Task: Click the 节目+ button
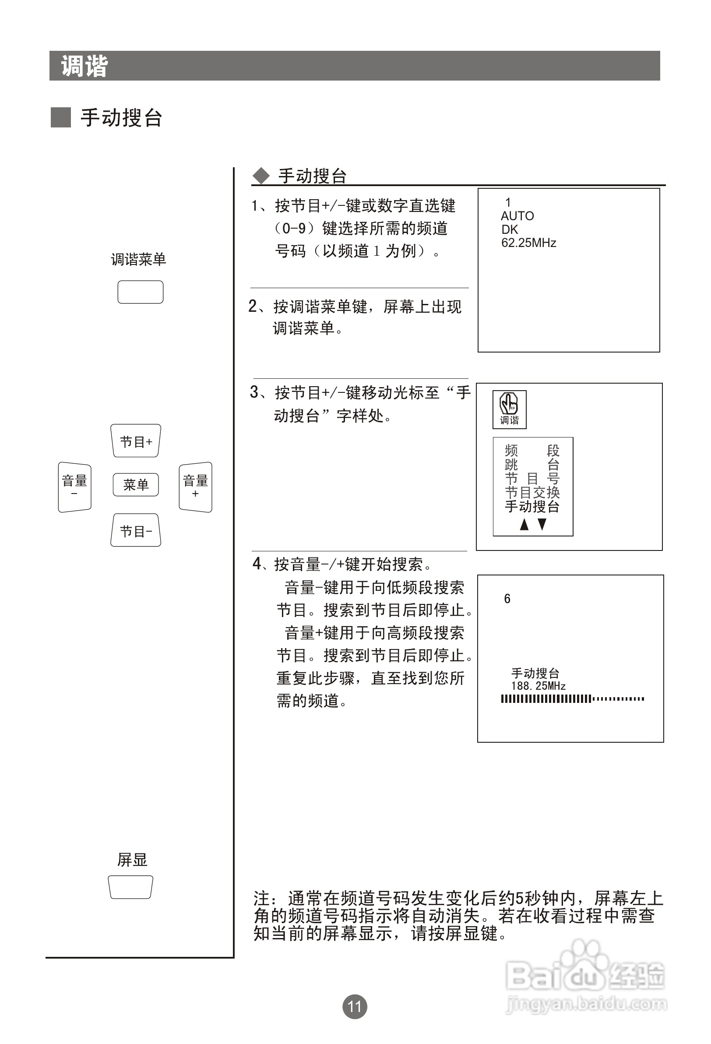tap(136, 441)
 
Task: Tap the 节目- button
tap(136, 530)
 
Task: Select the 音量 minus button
tap(74, 487)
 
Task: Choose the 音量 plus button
tap(195, 487)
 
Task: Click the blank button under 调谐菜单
tap(140, 292)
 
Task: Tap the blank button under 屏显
tap(131, 887)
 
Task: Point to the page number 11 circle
tap(355, 1006)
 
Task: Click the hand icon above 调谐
tap(509, 403)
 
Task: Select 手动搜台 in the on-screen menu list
tap(532, 506)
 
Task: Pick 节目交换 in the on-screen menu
tap(532, 492)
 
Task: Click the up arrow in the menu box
tap(524, 524)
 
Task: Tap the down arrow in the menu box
tap(542, 524)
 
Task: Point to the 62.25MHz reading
tap(528, 243)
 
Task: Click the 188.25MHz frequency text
tap(538, 686)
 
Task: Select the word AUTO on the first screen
tap(517, 216)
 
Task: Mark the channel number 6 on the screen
tap(507, 599)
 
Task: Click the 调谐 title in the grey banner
tap(84, 66)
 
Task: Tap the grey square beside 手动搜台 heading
tap(60, 118)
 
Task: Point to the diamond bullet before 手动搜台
tap(261, 176)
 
